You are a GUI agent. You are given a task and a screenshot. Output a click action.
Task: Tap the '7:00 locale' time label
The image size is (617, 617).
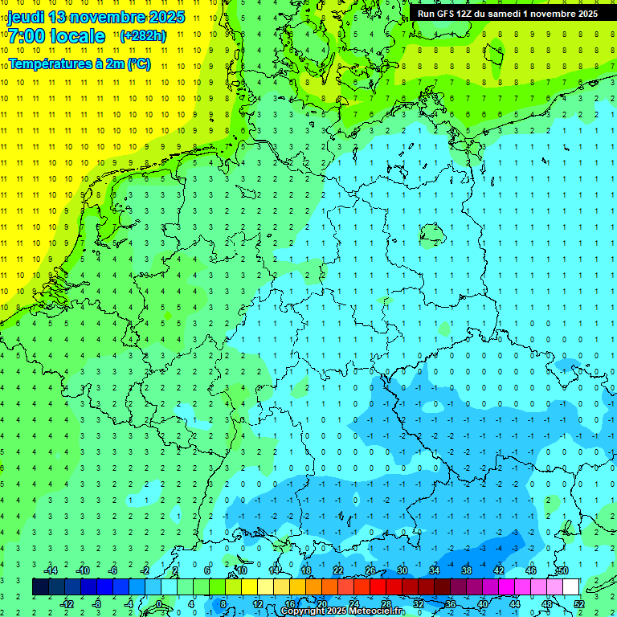(x=57, y=36)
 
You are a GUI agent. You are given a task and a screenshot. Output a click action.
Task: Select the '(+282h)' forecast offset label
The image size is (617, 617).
(x=142, y=35)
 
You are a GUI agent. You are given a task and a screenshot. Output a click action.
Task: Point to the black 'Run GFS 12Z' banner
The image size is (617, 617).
(x=508, y=14)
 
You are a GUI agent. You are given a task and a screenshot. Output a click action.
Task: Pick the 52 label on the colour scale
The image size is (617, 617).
(x=578, y=603)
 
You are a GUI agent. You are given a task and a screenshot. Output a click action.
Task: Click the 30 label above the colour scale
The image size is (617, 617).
(x=402, y=570)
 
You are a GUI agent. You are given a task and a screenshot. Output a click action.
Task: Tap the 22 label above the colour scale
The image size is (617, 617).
(x=337, y=570)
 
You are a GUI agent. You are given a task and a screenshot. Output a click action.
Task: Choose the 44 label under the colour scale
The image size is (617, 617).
(x=514, y=603)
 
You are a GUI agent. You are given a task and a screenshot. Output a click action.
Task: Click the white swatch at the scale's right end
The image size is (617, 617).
(x=570, y=586)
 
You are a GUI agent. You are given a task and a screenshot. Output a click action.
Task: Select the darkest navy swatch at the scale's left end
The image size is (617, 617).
(x=40, y=586)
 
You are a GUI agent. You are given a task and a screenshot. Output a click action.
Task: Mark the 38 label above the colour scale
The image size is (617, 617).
(x=466, y=570)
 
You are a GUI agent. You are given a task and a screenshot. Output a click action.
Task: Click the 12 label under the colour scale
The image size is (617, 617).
(x=257, y=603)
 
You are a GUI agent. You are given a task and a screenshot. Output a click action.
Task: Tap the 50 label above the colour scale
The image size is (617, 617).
(x=562, y=570)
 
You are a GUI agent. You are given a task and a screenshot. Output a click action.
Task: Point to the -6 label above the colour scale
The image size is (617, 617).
(x=113, y=570)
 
